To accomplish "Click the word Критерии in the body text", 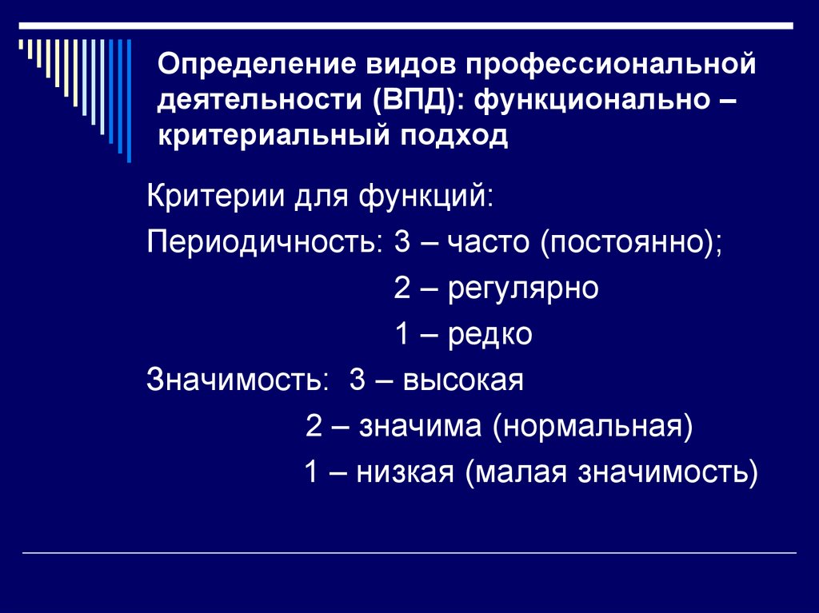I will point(208,196).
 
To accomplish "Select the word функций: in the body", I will point(425,196).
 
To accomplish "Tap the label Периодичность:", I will point(265,242).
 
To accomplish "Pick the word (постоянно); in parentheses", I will point(630,242).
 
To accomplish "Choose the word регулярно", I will point(523,289).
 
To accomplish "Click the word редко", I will point(490,335).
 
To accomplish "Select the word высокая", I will point(463,380).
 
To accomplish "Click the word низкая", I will point(406,473).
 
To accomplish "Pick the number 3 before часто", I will point(402,242).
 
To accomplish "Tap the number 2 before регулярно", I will point(402,289).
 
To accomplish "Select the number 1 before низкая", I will point(312,473).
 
